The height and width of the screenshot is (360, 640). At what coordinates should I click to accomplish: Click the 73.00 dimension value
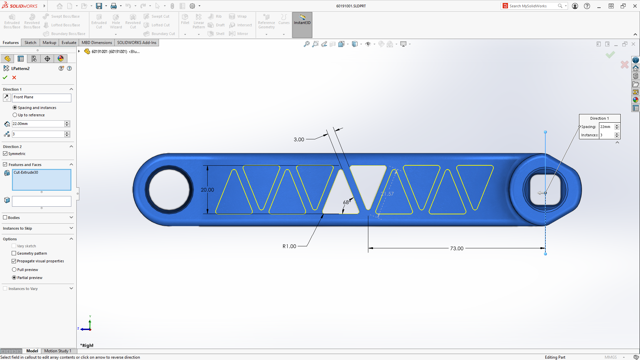click(x=456, y=248)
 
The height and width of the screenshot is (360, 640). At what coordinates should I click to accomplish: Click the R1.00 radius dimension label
click(x=289, y=246)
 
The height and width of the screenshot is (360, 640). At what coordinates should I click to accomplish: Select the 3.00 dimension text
click(x=299, y=139)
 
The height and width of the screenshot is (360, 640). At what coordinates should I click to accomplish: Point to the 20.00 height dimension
click(x=207, y=190)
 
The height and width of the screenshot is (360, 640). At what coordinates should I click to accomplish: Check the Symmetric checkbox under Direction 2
click(x=5, y=154)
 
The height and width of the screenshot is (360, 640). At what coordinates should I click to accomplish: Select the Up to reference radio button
click(x=15, y=115)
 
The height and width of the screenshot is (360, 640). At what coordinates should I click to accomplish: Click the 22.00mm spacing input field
click(x=38, y=124)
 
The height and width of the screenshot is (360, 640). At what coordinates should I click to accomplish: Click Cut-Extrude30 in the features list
click(x=26, y=172)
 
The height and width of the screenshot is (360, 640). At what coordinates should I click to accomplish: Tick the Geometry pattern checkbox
click(x=14, y=253)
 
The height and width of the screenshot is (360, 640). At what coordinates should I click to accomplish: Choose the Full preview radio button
click(x=14, y=270)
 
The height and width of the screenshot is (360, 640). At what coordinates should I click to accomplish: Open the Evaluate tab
click(x=69, y=43)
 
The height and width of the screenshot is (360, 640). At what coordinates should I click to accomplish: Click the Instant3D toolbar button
click(x=302, y=20)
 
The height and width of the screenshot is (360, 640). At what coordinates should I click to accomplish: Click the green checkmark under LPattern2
click(x=5, y=77)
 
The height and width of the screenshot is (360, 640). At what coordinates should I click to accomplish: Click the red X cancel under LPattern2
click(x=14, y=77)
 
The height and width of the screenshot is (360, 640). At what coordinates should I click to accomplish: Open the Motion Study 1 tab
click(x=57, y=351)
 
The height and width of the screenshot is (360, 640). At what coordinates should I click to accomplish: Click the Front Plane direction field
click(x=41, y=97)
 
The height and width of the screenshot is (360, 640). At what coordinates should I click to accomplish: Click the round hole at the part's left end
click(x=169, y=190)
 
